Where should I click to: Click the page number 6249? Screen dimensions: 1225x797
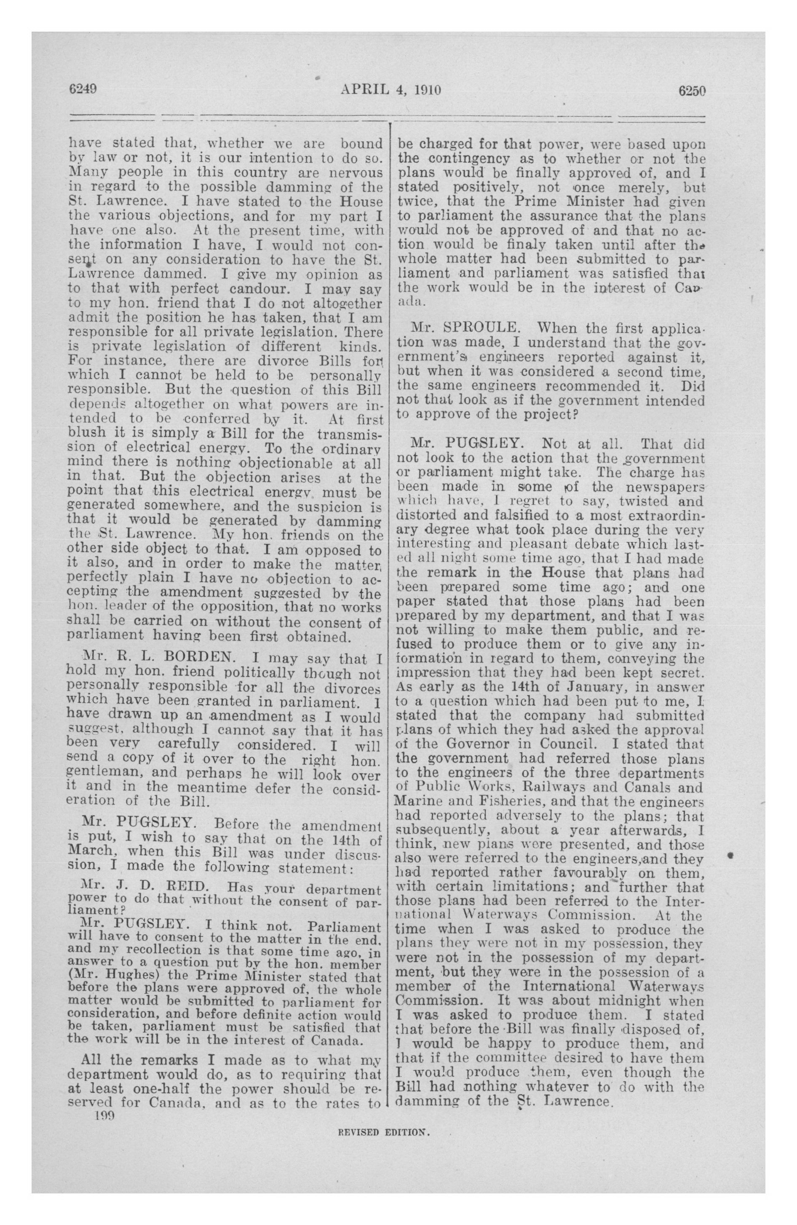click(x=83, y=90)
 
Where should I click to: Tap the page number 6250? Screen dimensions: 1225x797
click(x=691, y=91)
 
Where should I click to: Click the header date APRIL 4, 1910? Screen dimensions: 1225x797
click(x=390, y=91)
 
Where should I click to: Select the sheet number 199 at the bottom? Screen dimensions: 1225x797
click(x=104, y=1116)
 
